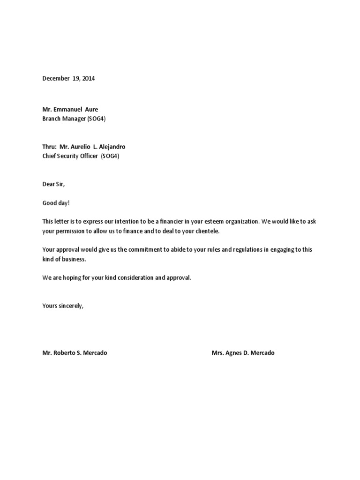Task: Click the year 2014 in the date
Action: point(88,79)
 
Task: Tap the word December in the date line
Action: point(55,79)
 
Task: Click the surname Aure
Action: point(91,110)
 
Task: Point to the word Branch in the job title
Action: point(51,119)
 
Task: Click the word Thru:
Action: point(49,147)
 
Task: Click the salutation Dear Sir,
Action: point(53,185)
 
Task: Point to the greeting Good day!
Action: point(55,203)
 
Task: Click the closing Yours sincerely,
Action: point(63,306)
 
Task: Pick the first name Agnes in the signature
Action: point(235,353)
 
